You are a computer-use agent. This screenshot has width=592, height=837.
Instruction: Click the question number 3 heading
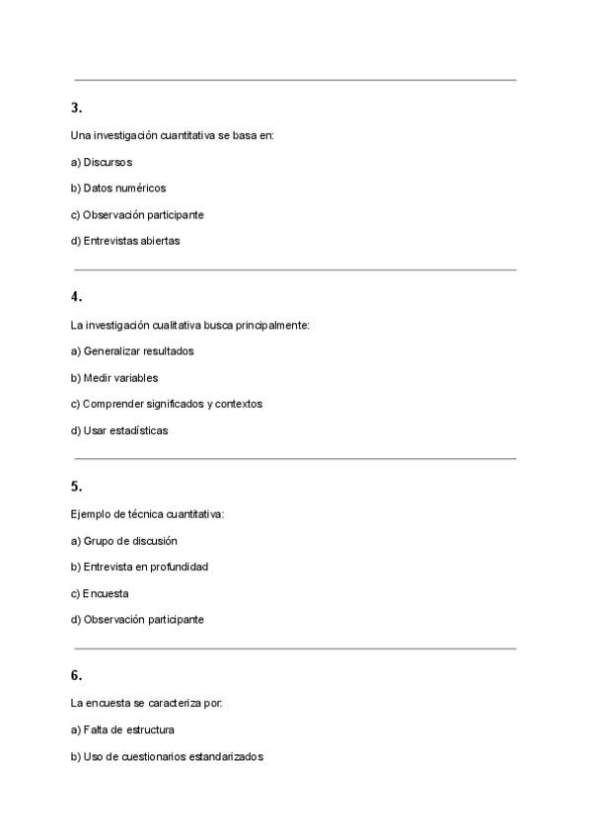click(x=76, y=108)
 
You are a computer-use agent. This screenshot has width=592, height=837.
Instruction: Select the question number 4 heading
click(x=76, y=296)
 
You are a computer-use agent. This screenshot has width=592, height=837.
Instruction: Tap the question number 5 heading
click(x=76, y=486)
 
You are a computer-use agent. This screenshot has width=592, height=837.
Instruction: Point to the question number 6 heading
click(x=76, y=675)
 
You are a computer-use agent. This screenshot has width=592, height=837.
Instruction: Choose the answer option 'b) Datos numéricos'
click(x=118, y=188)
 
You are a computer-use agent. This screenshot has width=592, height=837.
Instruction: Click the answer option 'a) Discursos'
click(x=102, y=162)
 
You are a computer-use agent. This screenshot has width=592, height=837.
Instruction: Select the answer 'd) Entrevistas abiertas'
click(x=125, y=240)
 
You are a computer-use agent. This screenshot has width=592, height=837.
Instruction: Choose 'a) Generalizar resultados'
click(x=132, y=350)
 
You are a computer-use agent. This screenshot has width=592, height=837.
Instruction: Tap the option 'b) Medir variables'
click(x=114, y=377)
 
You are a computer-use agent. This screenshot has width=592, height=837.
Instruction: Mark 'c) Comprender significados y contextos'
click(x=167, y=404)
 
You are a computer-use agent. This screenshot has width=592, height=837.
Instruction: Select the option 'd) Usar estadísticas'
click(x=119, y=430)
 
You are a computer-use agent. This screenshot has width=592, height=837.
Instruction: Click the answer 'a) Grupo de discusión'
click(x=124, y=541)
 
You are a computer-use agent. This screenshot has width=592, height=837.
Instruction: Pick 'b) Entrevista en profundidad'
click(x=139, y=567)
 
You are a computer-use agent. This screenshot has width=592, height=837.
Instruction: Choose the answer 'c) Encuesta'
click(x=100, y=593)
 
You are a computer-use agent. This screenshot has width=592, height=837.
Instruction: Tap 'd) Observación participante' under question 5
click(x=137, y=620)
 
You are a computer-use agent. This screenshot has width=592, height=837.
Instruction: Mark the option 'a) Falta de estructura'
click(x=123, y=730)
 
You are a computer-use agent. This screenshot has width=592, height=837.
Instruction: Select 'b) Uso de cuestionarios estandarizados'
click(x=167, y=757)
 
